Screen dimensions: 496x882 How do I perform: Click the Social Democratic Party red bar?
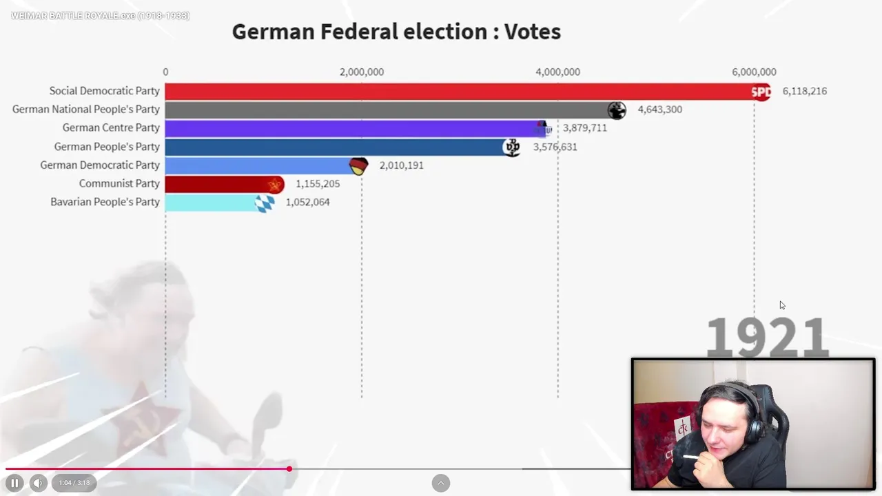click(455, 91)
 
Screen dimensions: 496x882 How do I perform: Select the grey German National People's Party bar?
click(386, 110)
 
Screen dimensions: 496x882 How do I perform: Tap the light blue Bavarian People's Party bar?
click(210, 203)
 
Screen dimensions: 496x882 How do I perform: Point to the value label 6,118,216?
click(804, 91)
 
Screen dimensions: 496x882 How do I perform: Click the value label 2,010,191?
click(401, 165)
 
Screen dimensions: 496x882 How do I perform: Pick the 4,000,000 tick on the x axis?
click(557, 72)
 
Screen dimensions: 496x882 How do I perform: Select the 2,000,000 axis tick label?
click(362, 72)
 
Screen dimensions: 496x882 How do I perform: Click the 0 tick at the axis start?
click(165, 72)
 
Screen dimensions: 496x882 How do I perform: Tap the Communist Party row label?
click(119, 184)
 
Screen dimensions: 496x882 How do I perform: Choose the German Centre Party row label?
click(111, 128)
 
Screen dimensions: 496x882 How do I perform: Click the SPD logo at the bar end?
click(761, 91)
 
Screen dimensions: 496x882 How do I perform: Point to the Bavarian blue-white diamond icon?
click(265, 203)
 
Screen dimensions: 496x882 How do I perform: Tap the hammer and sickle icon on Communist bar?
click(275, 184)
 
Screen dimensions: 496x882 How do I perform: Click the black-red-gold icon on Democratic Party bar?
click(359, 165)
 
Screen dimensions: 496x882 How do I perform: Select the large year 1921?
click(766, 338)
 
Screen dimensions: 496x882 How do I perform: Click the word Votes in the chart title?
click(532, 32)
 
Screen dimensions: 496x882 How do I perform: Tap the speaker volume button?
click(39, 483)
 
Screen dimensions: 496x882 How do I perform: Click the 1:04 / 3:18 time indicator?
click(74, 483)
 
